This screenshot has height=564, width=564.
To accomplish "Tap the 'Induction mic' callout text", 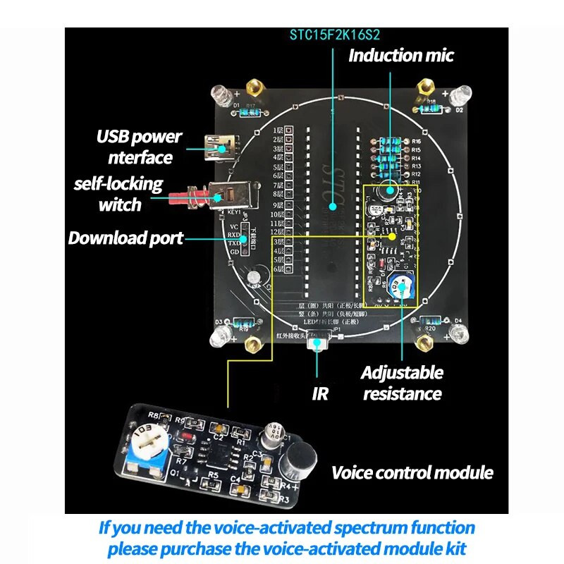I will (401, 56).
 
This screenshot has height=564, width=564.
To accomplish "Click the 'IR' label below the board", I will (320, 393).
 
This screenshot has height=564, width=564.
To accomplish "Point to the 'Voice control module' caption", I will (412, 472).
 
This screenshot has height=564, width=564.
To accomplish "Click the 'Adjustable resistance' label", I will (402, 383).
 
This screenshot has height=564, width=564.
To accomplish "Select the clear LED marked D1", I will (221, 94).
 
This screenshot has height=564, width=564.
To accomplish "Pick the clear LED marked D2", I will (464, 94).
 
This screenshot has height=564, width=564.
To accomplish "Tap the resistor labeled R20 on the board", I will (429, 322).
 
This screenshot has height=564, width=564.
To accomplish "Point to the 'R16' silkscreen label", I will (417, 141).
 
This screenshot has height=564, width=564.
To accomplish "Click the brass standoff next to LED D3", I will (251, 343).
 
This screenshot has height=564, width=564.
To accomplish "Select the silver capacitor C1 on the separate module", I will (276, 435).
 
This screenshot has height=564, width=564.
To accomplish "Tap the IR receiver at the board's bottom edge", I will (319, 343).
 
